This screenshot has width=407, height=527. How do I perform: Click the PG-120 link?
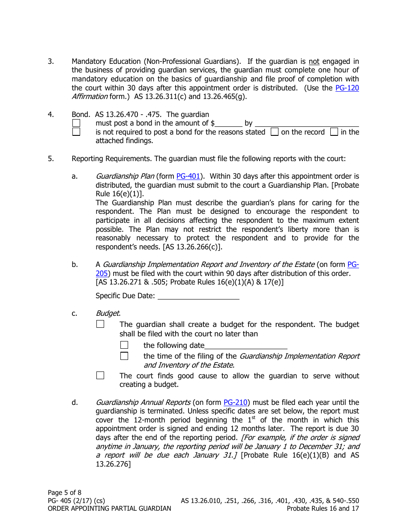(x=347, y=88)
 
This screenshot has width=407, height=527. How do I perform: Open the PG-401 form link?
(x=189, y=176)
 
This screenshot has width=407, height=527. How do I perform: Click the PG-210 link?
(x=236, y=402)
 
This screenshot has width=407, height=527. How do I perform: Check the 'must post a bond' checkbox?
(x=76, y=123)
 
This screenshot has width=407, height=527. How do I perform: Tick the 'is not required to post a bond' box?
(x=76, y=132)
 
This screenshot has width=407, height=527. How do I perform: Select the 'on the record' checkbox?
(x=274, y=132)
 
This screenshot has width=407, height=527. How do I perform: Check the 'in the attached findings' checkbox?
(x=334, y=132)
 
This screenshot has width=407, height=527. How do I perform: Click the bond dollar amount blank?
(x=228, y=123)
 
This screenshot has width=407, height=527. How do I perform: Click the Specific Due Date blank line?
(x=198, y=296)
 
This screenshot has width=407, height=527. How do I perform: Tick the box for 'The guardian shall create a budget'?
(x=100, y=324)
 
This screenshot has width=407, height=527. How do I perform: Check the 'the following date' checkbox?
(x=124, y=345)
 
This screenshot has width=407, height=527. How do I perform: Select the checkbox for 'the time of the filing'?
(x=124, y=356)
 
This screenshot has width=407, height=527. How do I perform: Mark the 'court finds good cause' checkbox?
(x=100, y=376)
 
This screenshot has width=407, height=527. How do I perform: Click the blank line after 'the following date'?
(x=246, y=346)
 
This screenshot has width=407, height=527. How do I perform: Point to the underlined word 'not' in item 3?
(x=314, y=61)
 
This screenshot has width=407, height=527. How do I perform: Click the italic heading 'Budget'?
(x=108, y=313)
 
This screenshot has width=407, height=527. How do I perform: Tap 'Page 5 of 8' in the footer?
(x=64, y=492)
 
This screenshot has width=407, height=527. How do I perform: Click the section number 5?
(x=51, y=159)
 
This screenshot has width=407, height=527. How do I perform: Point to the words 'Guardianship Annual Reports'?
(x=143, y=402)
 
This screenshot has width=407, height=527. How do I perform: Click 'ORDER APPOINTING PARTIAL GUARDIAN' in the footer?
(x=109, y=509)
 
